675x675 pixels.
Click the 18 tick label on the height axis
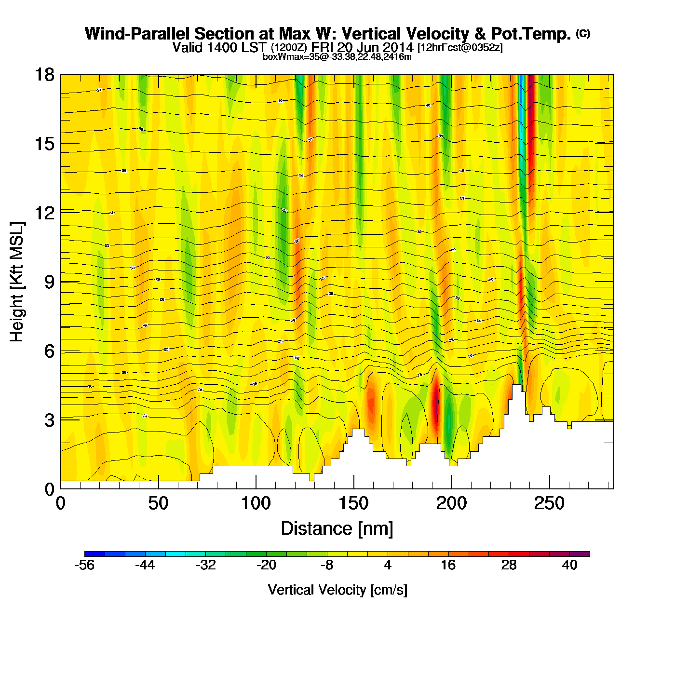[44, 75]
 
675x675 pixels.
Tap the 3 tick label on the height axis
[49, 420]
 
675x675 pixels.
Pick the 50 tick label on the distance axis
[158, 503]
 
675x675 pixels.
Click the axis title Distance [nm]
[337, 529]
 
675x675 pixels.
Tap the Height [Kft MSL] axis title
[17, 282]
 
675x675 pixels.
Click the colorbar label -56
[84, 565]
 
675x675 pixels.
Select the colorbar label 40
[569, 565]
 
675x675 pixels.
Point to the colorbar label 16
[448, 565]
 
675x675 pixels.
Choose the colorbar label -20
[266, 565]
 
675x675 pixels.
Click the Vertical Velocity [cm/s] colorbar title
[337, 590]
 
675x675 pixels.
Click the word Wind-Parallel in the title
[138, 34]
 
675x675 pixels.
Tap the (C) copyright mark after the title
[583, 33]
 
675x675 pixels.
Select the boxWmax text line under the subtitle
[337, 57]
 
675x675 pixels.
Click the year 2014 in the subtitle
[397, 47]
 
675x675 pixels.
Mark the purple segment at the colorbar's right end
[580, 554]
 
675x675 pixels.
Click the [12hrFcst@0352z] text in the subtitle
[460, 47]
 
